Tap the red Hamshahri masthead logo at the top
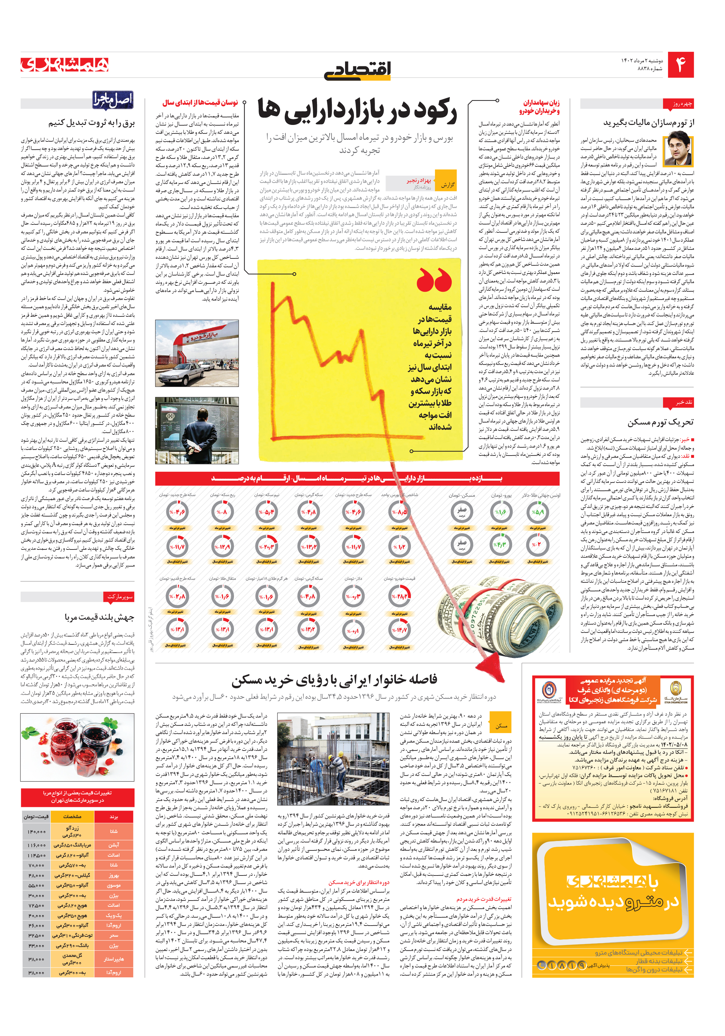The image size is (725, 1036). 65,65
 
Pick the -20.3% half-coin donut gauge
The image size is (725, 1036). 266,547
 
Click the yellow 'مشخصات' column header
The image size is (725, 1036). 72,816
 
